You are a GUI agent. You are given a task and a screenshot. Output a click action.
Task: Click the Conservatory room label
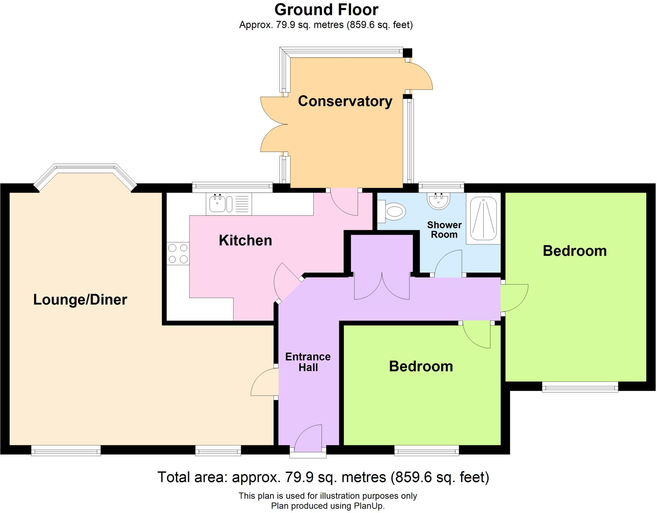coord(345,101)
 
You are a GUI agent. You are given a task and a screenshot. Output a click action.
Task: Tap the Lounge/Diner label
coord(80,300)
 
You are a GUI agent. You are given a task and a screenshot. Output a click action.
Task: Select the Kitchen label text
coord(245,240)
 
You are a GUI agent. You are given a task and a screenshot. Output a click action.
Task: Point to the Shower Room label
coord(444,230)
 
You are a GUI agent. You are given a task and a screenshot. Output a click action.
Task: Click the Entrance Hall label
coord(308,362)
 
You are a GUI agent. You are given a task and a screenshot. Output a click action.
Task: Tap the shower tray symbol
coord(483,218)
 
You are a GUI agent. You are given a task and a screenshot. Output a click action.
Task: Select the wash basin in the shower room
coord(439,201)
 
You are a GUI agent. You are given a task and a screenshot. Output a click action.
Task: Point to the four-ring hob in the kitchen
coord(178,253)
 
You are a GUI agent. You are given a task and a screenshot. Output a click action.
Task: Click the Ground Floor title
coord(326,10)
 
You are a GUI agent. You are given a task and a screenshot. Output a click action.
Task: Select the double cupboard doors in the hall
coord(382,286)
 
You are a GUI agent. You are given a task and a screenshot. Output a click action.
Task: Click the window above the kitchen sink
coord(232,187)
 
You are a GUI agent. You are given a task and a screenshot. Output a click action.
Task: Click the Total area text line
coord(323,477)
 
